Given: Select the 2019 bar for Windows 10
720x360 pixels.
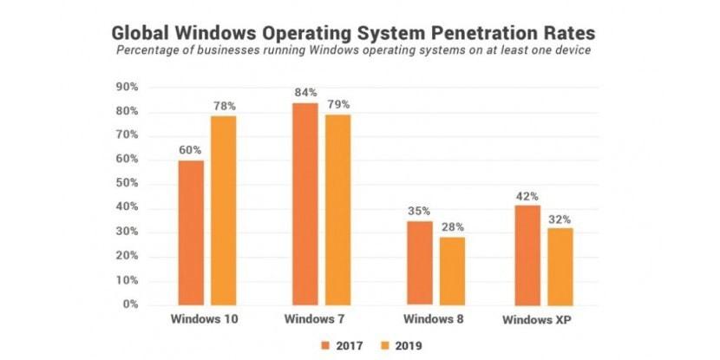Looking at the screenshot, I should click(x=224, y=210).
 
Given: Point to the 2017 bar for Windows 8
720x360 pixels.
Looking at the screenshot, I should click(x=419, y=263).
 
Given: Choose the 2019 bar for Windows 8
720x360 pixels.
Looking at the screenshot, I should click(x=451, y=271).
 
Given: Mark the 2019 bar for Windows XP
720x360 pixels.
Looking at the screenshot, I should click(x=560, y=265).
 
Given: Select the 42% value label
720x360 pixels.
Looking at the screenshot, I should click(x=528, y=195).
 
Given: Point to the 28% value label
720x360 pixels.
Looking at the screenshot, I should click(x=451, y=228).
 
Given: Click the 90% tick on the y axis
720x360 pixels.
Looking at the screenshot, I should click(x=128, y=88).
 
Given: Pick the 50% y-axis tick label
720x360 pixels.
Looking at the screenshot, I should click(x=128, y=184).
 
